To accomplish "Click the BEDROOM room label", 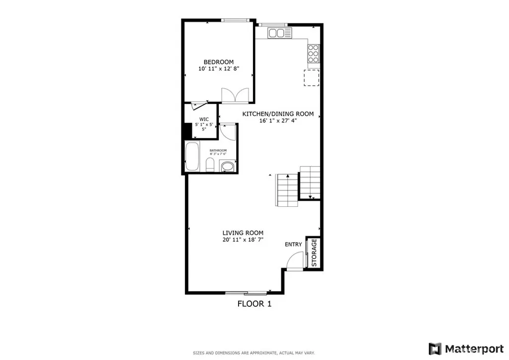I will [219, 62].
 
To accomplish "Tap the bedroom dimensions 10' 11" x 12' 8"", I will [219, 69].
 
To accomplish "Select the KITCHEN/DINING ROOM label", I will [278, 114].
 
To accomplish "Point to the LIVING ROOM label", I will [243, 233].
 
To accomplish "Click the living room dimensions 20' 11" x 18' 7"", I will [243, 240].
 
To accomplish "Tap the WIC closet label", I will [204, 119].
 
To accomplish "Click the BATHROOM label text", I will [218, 151].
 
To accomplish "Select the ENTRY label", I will [293, 244].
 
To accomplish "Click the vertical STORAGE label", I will [314, 253].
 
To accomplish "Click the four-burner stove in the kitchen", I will [313, 52].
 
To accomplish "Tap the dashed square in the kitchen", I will [312, 78].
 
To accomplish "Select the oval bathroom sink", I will [227, 167].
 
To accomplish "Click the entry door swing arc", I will [295, 261].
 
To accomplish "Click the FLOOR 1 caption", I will [254, 303].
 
